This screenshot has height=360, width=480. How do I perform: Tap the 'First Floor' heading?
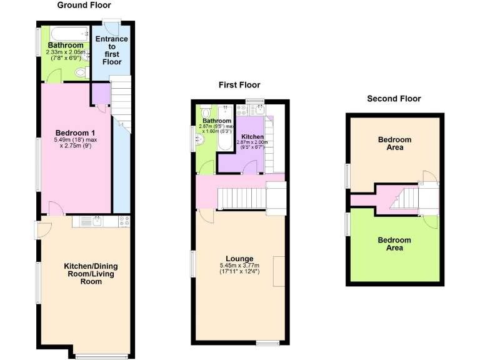point(239,85)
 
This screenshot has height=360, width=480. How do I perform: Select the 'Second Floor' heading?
point(394,99)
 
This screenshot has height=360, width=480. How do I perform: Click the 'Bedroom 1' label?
point(75,132)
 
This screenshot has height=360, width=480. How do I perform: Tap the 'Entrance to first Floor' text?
point(111,51)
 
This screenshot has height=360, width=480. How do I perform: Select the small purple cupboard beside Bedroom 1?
point(100,94)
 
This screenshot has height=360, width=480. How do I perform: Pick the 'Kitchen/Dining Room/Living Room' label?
point(91,274)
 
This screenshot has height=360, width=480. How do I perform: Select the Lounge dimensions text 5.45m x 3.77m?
point(239,266)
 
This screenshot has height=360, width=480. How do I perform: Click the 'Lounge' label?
point(239,259)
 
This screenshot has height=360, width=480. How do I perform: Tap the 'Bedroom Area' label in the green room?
point(394,244)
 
